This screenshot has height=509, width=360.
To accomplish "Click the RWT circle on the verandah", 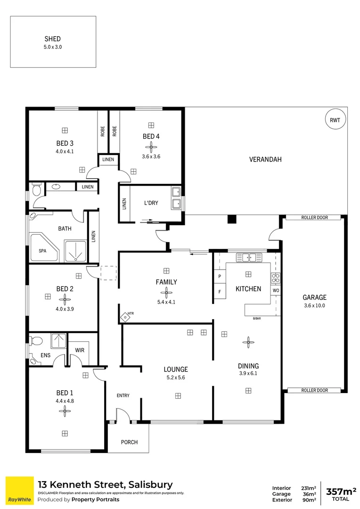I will (335, 120).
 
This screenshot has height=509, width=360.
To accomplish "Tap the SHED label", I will (52, 39).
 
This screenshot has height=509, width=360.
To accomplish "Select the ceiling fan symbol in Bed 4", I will (151, 146).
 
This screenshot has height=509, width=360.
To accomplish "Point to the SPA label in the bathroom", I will (43, 251).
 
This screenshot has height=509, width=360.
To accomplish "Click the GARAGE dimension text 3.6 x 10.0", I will (314, 305).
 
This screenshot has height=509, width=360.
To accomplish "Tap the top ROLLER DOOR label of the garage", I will (314, 218).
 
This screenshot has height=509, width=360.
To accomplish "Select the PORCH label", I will (129, 442).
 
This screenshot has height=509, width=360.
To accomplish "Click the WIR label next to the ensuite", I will (80, 350).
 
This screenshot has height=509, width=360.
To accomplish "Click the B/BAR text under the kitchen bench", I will (257, 319).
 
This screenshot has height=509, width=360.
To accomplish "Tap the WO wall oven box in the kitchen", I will (275, 291).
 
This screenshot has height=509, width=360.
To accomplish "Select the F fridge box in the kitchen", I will (220, 292).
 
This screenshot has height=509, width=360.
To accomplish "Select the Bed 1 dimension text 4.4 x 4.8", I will (65, 401).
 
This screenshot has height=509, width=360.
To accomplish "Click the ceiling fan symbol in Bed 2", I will (65, 299).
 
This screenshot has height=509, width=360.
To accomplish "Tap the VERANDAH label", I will (265, 159).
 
